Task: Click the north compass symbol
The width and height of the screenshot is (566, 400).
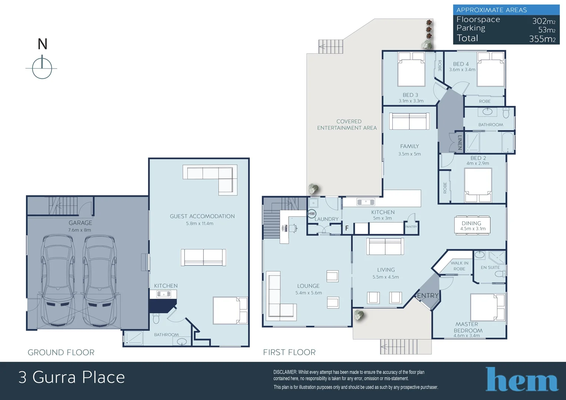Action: pos(42,68)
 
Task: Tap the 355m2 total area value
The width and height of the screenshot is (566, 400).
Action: pos(542,39)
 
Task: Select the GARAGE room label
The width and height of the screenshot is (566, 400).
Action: pos(80,223)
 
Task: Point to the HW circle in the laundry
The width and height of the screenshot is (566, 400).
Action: pos(312,214)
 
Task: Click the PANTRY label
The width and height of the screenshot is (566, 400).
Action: pos(411,227)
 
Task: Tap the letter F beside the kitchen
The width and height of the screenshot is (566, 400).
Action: pos(347,228)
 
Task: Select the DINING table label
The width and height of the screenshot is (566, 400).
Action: pos(471,223)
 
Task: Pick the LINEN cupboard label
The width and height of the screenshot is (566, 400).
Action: pos(460,142)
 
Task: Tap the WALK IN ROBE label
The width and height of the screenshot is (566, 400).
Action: pos(459,266)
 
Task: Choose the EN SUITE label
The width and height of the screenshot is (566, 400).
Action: pos(490,267)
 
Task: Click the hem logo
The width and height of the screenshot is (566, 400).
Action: pos(522,380)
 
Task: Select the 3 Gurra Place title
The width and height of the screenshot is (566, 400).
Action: pos(71,377)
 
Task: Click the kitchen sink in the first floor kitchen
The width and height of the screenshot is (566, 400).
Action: pos(366,202)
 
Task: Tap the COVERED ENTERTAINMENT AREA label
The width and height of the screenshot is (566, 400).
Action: pos(347,124)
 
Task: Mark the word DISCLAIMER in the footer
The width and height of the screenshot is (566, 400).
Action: pos(285,372)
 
